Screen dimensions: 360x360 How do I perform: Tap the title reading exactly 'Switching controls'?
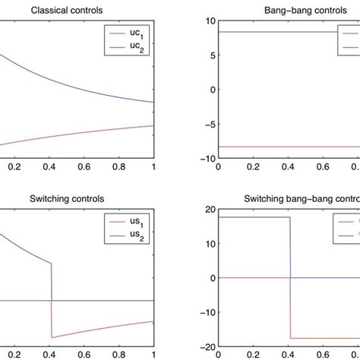[68, 198]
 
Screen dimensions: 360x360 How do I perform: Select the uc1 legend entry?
[131, 33]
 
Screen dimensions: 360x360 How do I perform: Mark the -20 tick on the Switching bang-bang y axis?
[205, 347]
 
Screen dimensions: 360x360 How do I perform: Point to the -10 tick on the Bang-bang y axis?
[205, 159]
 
